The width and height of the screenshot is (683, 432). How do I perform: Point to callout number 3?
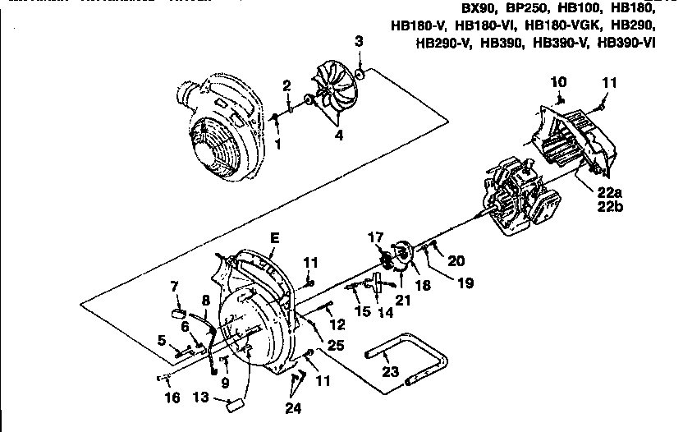[x=359, y=41]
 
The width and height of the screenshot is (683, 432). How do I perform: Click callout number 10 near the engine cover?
[x=558, y=81]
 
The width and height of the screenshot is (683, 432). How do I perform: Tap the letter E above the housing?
[x=274, y=239]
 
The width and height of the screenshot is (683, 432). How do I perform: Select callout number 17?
[x=377, y=238]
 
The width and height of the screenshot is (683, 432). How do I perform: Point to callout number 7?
[x=174, y=286]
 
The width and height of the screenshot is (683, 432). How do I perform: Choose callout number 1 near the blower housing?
[x=277, y=145]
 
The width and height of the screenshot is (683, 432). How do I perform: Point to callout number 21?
[x=401, y=300]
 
